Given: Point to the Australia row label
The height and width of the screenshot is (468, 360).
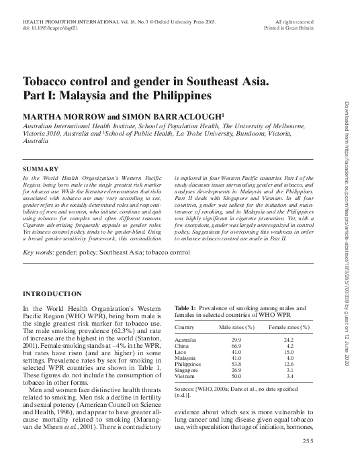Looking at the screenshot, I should pos(186,340).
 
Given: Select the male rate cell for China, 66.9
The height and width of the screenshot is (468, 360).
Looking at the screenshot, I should pos(236,346).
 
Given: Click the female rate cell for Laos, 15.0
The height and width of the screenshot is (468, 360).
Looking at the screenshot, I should pos(289,353).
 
